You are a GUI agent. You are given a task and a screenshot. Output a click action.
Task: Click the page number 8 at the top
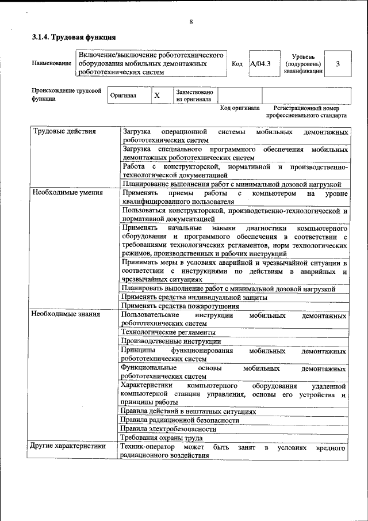[x=191, y=22]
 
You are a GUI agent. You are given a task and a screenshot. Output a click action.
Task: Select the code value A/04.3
[x=260, y=64]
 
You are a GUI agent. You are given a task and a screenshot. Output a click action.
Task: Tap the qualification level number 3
[x=338, y=64]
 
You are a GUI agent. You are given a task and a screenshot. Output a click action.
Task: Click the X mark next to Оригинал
[x=156, y=96]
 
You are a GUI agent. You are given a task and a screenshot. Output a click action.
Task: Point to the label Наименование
[x=52, y=63]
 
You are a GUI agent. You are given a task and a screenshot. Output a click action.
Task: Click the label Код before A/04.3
[x=237, y=64]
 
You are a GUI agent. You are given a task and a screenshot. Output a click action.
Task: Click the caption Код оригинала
[x=240, y=108]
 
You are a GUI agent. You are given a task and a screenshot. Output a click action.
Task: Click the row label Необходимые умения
[x=67, y=193]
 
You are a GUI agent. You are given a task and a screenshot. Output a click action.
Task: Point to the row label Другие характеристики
[x=68, y=446]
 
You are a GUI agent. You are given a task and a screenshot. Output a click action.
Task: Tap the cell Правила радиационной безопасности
[x=180, y=420]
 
